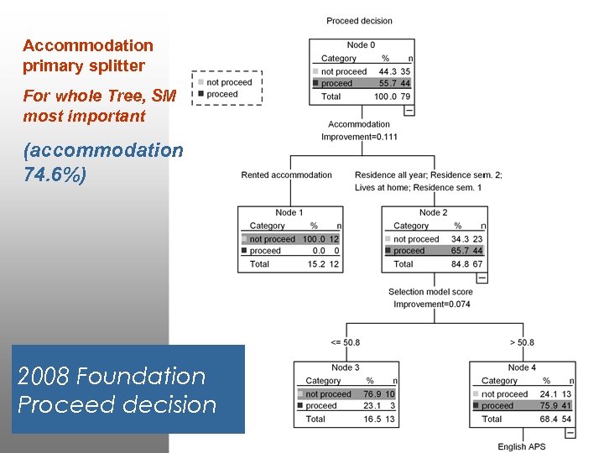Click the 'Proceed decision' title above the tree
coord(359,21)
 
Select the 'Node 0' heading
coord(361,44)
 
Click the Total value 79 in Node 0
coord(406,96)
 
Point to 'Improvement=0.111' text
coord(359,137)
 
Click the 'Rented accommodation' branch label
coord(286,175)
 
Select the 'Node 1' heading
coord(289,212)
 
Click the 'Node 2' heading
coord(433,212)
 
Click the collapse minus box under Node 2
coord(481,278)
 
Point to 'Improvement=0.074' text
coord(430,304)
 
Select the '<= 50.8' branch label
coord(345,342)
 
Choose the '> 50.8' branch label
coord(521,342)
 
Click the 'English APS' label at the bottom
coord(522,447)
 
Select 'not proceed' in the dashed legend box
coord(229,82)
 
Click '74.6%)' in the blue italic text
coord(55,177)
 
